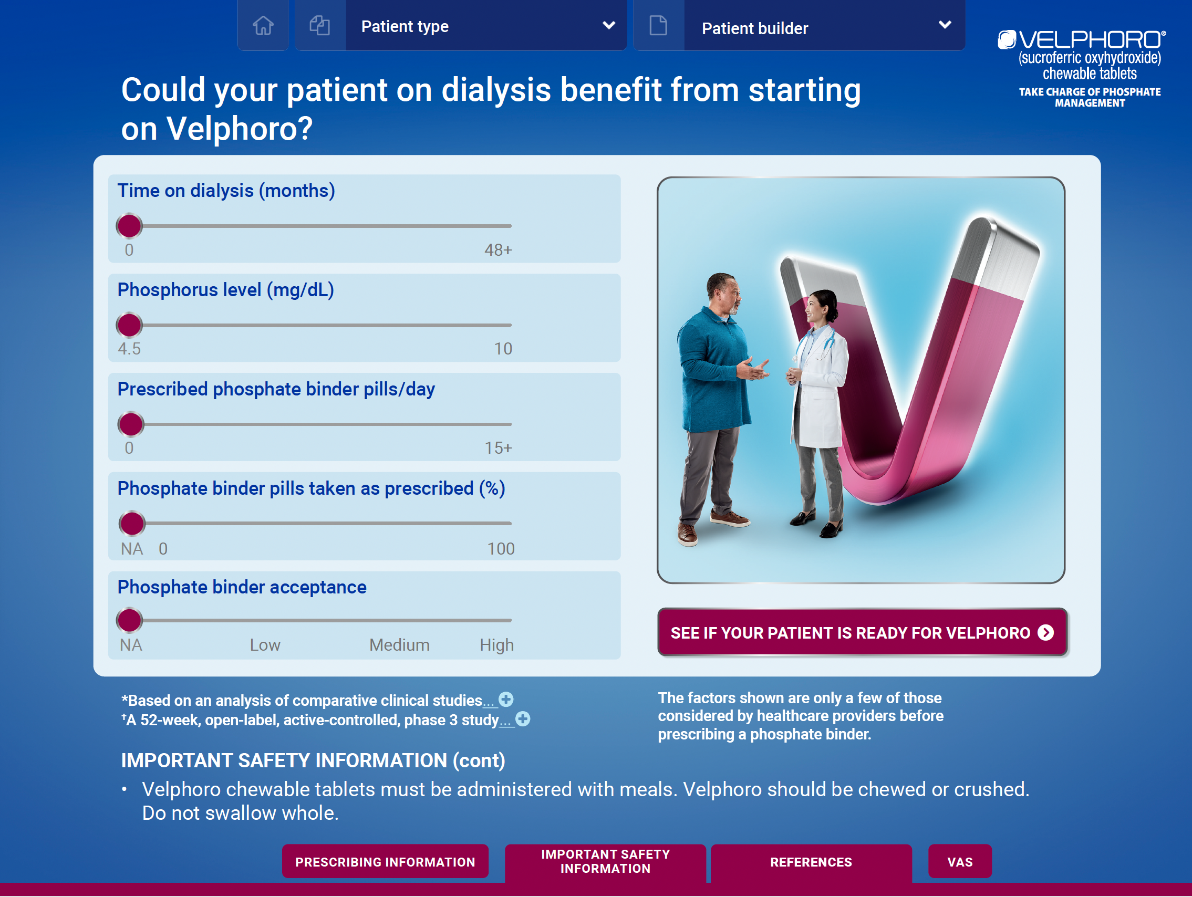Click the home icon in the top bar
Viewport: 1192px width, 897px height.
pos(263,25)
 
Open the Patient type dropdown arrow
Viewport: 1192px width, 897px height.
pos(608,25)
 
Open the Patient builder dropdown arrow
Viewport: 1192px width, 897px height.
pos(945,25)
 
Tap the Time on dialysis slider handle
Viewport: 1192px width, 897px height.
pos(129,226)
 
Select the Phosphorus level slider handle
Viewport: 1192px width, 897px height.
pos(129,326)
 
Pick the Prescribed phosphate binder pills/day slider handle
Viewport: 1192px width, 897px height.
pos(131,424)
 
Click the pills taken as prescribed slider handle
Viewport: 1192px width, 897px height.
pos(132,524)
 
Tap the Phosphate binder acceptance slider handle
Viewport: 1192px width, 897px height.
pos(129,621)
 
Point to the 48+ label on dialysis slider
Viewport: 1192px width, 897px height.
pos(498,250)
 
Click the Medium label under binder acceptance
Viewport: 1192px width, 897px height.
pos(399,645)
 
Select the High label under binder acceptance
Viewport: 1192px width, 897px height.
pos(497,645)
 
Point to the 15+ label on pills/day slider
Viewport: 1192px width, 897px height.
pos(498,448)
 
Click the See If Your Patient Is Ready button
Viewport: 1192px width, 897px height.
pos(862,632)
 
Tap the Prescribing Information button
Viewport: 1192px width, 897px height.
pos(385,862)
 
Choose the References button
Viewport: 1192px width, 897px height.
pos(811,862)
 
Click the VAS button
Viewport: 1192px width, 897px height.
pos(960,862)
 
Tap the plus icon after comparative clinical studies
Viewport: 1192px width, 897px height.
pos(506,700)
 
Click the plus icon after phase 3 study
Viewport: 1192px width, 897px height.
pos(523,719)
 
